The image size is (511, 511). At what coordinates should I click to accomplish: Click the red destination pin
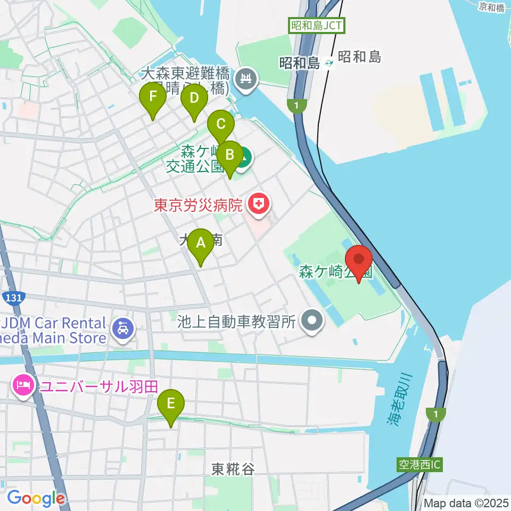tap(359, 260)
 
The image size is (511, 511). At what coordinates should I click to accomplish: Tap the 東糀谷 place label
tap(233, 469)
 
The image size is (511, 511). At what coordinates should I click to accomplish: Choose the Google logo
tap(36, 498)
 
